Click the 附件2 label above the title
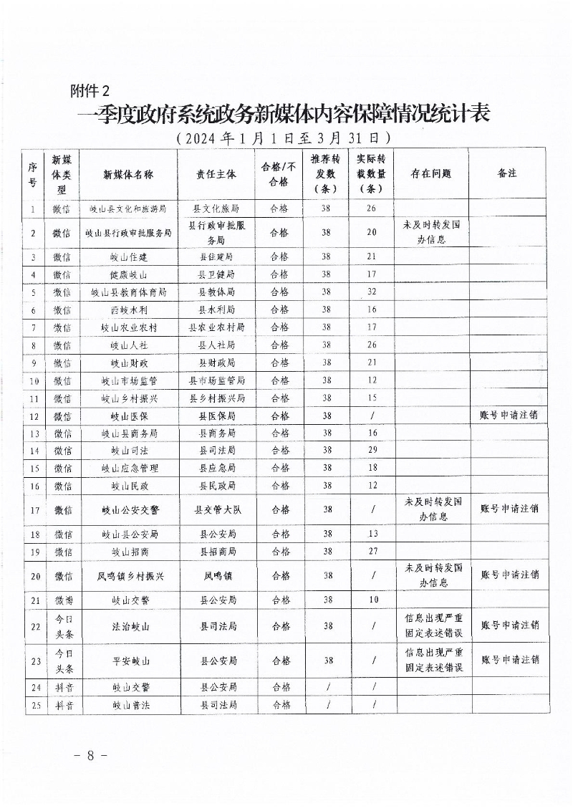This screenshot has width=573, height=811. coord(91,90)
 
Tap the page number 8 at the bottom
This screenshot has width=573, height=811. coord(90,755)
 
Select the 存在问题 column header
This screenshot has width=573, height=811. coord(430,173)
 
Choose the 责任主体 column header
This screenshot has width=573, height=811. coord(217,173)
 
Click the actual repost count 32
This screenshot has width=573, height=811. coord(372,292)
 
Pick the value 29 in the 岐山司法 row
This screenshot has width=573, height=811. coord(372,450)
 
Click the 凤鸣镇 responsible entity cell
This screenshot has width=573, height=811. coord(217,575)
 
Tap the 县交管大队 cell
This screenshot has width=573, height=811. coord(217,509)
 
